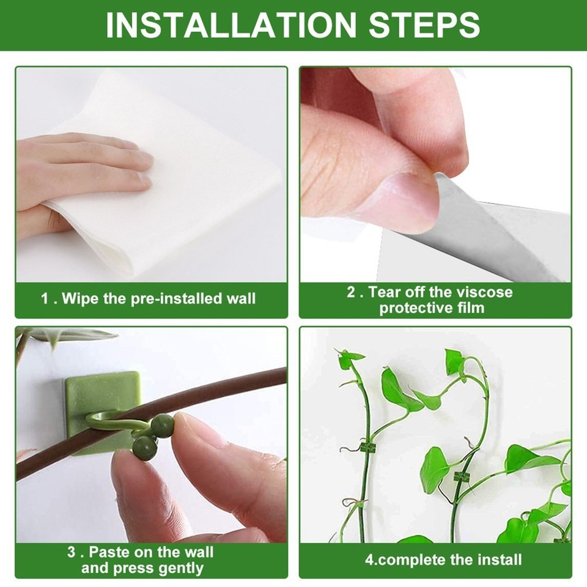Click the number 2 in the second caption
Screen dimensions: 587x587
coord(352,292)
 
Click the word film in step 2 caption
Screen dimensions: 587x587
coord(470,308)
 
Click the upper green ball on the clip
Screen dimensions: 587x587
coord(163,425)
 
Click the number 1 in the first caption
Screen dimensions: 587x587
coord(45,299)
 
